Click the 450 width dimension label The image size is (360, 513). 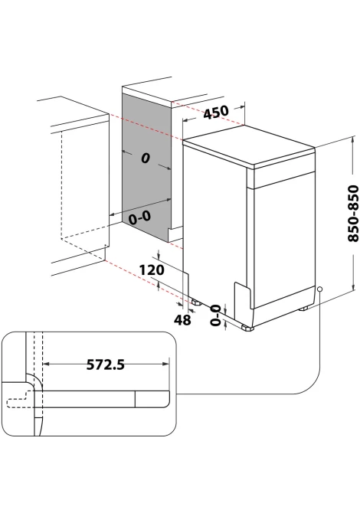click(216, 113)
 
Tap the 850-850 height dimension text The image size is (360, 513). click(353, 214)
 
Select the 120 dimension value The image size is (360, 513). click(152, 270)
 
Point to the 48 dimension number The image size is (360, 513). click(182, 320)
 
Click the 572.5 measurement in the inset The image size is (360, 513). click(106, 364)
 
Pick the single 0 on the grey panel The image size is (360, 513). click(146, 158)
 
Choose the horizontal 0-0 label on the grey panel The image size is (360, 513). click(139, 217)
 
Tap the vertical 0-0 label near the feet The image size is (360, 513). click(215, 315)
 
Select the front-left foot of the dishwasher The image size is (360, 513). click(247, 328)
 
